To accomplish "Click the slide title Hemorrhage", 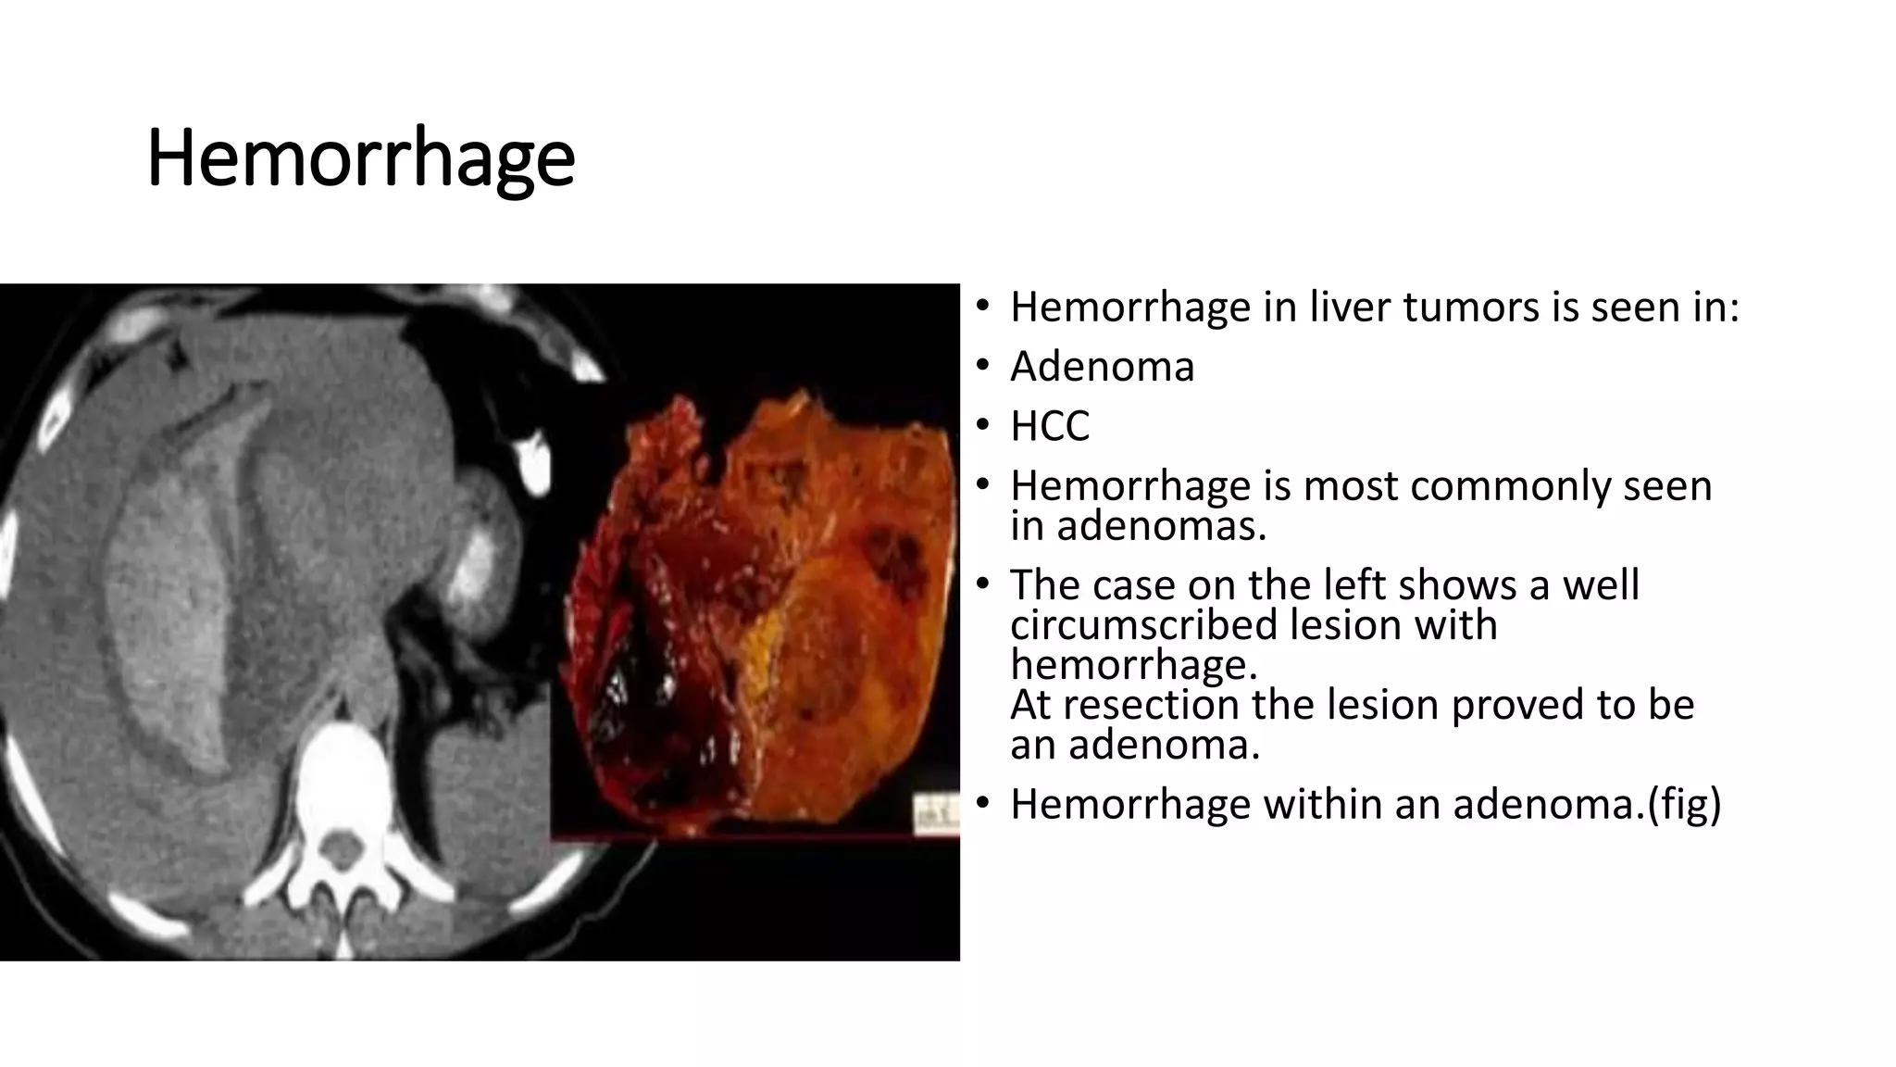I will (360, 157).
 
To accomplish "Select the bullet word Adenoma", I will (1102, 367).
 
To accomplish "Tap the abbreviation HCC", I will (1050, 426).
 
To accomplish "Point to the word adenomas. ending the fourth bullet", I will (1161, 526).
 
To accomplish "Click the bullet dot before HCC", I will (983, 425).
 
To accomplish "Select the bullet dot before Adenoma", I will (983, 366).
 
